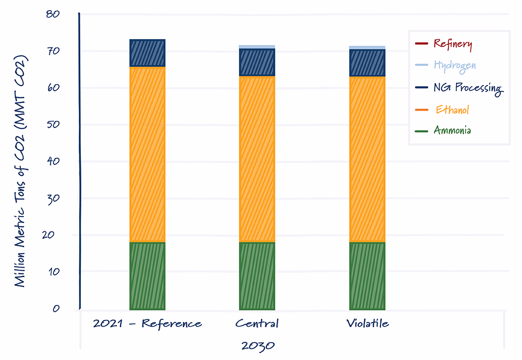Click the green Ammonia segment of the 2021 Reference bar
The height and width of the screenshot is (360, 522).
[148, 276]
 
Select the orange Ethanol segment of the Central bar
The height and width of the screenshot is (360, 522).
[257, 159]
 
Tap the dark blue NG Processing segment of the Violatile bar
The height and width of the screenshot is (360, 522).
[367, 63]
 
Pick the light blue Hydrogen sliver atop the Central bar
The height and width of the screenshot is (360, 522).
[257, 47]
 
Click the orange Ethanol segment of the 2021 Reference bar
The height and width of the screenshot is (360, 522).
[148, 154]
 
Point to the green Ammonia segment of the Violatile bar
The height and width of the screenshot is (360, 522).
[367, 276]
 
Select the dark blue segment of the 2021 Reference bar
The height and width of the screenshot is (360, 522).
[148, 53]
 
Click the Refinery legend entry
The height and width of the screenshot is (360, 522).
[443, 44]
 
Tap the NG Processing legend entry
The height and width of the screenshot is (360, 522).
[459, 88]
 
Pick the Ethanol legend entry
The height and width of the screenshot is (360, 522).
[442, 110]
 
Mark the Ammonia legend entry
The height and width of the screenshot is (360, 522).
[443, 130]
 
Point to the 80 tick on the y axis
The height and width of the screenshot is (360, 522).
[53, 14]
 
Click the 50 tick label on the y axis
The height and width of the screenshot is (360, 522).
[53, 125]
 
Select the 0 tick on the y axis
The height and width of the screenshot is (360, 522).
[56, 308]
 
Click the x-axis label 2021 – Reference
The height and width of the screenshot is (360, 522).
[148, 323]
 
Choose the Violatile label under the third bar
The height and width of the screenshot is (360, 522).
[367, 323]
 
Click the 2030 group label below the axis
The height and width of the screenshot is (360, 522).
[258, 346]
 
